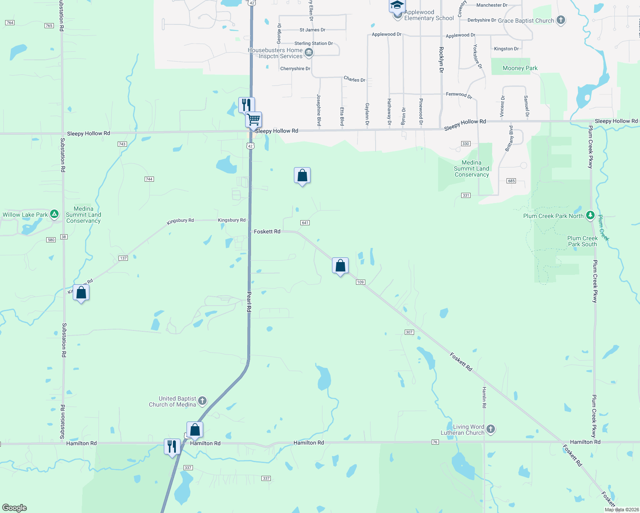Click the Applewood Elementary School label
429,15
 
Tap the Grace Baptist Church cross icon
560,20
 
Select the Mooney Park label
520,68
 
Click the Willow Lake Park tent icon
54,214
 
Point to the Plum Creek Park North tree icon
590,215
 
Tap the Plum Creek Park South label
582,242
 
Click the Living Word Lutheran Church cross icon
491,429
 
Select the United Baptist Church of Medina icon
202,401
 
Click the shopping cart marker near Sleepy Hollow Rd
254,120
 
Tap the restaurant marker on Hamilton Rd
172,447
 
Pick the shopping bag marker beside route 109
340,266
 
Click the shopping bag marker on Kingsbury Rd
81,293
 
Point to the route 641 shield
305,223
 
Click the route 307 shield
409,332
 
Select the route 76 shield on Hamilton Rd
435,442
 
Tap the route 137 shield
123,258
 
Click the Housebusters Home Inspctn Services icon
309,53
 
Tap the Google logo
15,508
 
